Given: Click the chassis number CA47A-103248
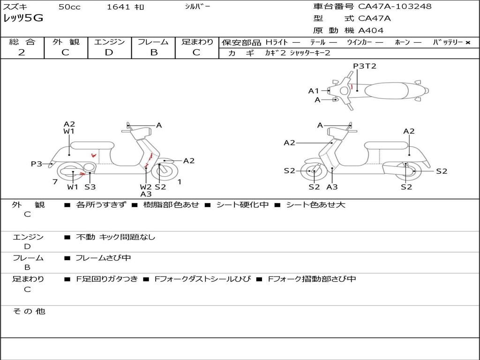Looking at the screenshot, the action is click(395, 7).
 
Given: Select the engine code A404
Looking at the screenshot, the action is click(371, 30).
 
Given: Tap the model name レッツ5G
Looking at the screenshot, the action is click(23, 19).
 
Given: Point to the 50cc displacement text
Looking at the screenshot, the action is click(68, 7).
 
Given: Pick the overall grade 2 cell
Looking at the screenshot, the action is click(22, 52).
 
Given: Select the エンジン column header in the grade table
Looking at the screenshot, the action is click(109, 42).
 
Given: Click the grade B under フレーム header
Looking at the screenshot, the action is click(153, 52).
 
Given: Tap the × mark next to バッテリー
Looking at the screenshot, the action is click(467, 43).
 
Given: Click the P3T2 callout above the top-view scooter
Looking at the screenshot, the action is click(365, 66).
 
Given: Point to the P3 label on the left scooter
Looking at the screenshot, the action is click(37, 164).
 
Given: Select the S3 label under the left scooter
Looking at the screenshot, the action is click(90, 187).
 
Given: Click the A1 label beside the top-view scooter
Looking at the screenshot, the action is click(314, 91).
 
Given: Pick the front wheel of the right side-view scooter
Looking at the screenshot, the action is click(314, 172).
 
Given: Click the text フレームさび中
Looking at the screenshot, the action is click(103, 258).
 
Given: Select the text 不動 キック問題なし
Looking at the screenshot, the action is click(115, 237).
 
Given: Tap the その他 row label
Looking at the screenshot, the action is click(29, 311).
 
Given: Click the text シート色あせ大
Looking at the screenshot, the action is click(315, 205).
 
